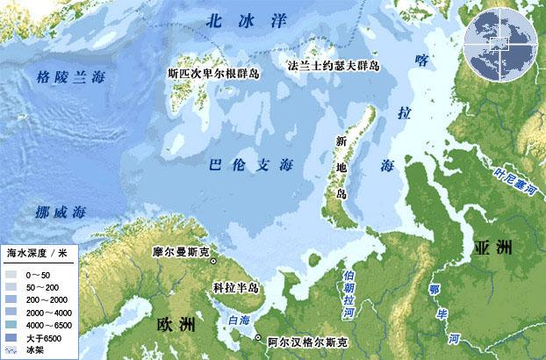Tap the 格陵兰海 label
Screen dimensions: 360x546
click(70, 76)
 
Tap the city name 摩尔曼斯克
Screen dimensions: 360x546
click(180, 252)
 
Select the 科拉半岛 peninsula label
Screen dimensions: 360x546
click(236, 287)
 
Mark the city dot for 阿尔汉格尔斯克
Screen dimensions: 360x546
click(258, 338)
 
